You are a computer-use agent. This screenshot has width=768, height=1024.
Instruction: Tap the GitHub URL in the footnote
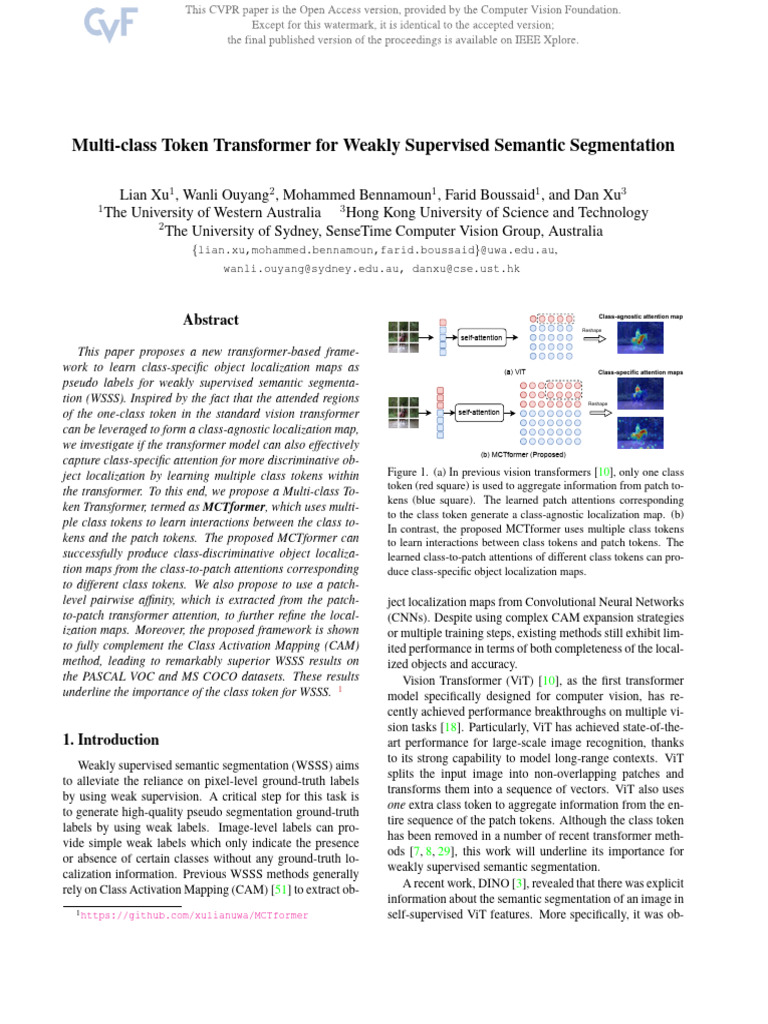click(194, 915)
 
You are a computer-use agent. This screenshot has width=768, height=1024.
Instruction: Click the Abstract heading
click(211, 320)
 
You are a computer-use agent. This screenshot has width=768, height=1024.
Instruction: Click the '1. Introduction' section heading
click(110, 740)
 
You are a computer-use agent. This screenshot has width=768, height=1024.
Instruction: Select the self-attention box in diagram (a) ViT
click(481, 338)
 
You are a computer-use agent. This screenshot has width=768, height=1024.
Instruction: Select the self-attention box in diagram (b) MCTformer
click(478, 411)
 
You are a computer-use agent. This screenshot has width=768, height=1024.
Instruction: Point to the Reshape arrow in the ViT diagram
click(593, 338)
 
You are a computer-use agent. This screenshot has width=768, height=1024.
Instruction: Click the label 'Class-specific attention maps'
click(640, 372)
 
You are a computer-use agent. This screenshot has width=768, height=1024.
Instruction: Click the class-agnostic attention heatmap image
click(639, 340)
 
